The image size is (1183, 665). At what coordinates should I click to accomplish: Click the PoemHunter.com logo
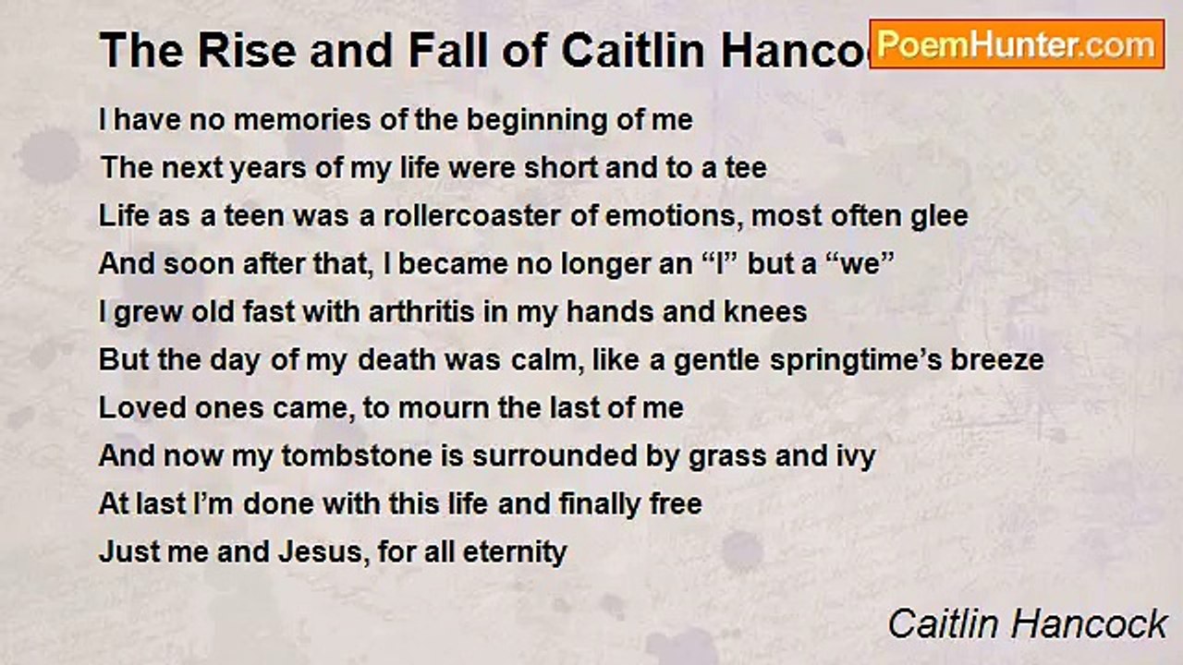pyautogui.click(x=1017, y=43)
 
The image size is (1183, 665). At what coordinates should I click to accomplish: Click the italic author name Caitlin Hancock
pyautogui.click(x=1027, y=624)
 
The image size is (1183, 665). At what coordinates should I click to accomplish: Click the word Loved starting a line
pyautogui.click(x=134, y=408)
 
